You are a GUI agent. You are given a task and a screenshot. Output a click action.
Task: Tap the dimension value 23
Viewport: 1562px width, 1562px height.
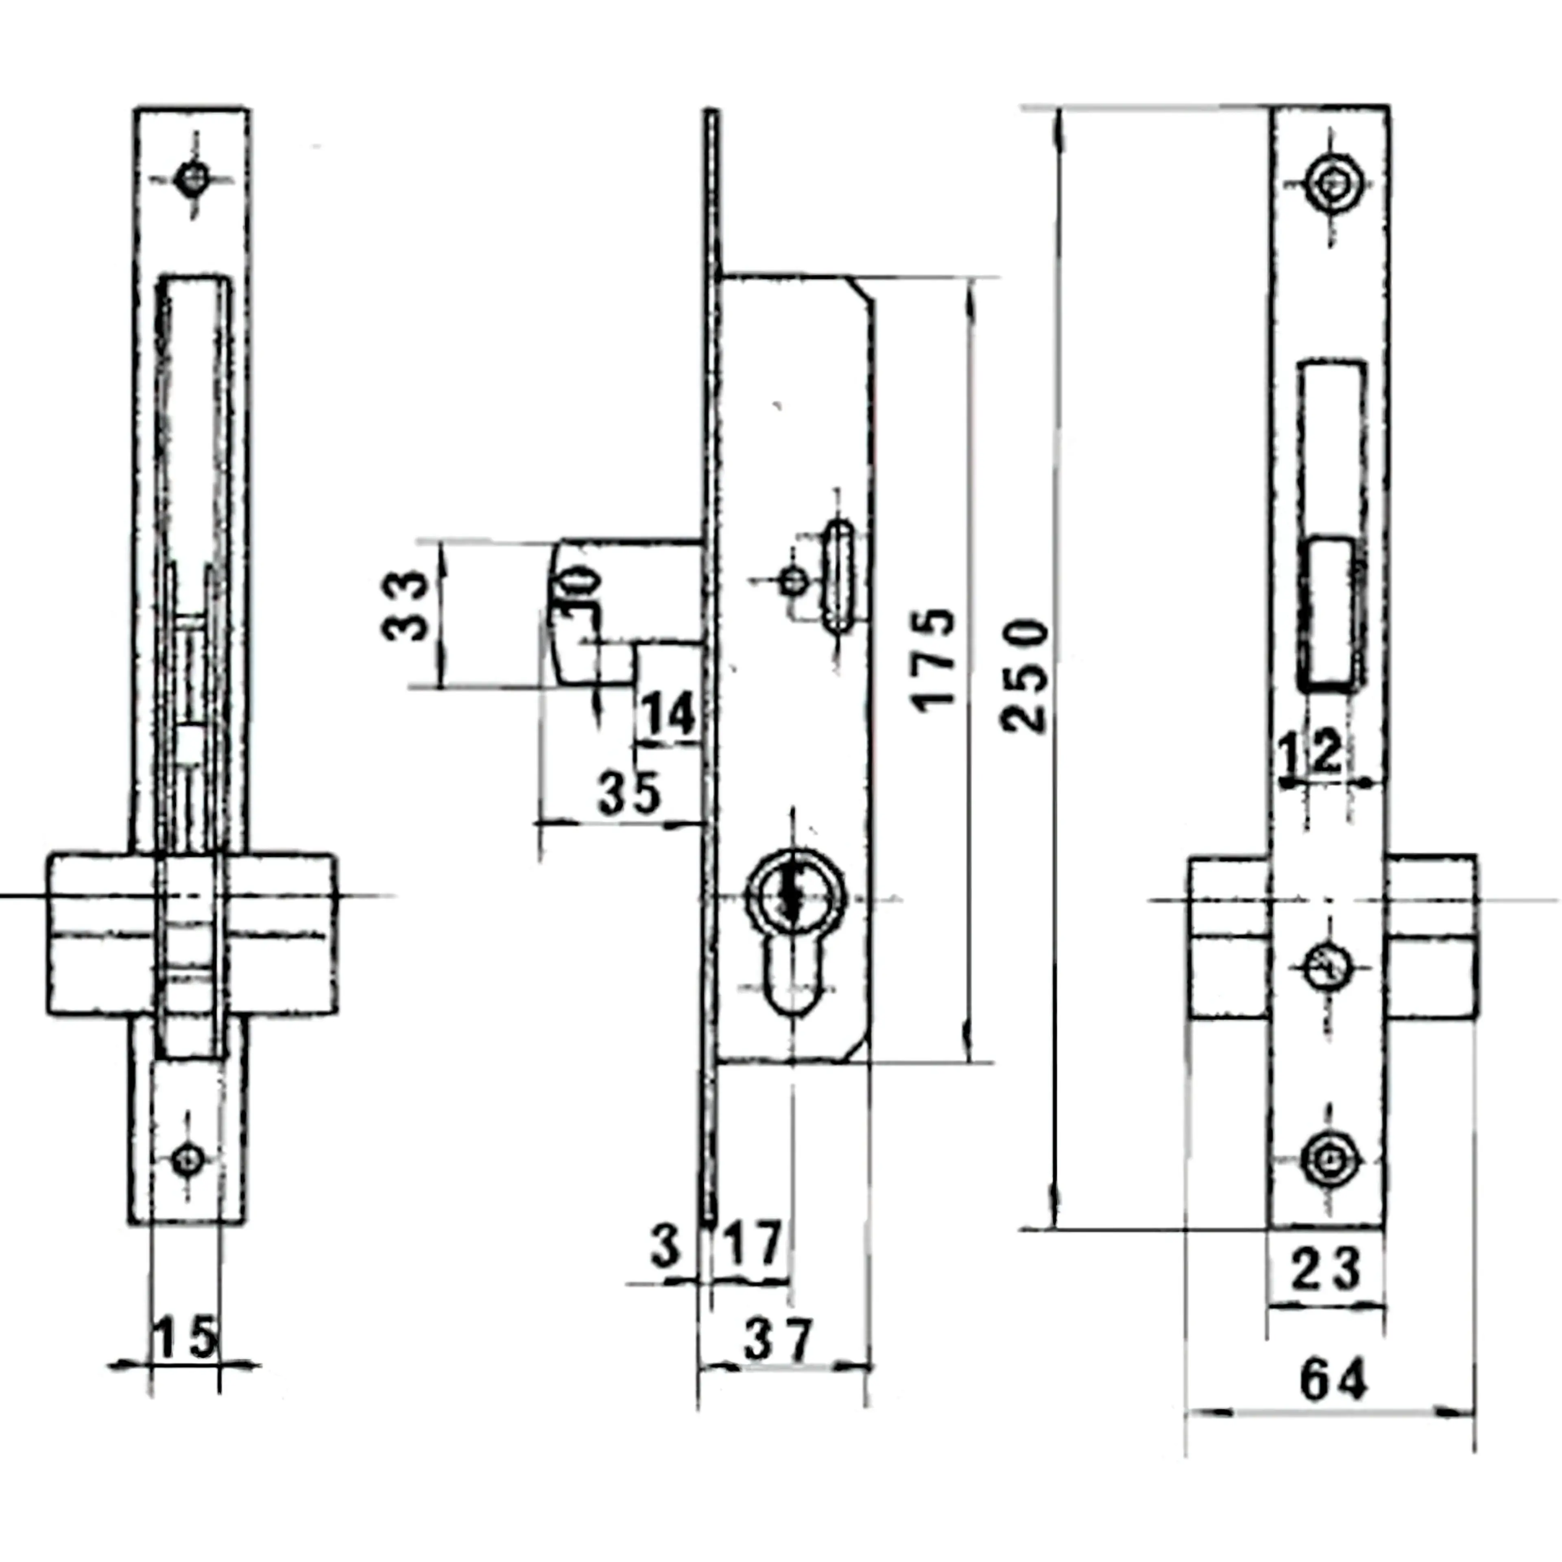(x=1326, y=1269)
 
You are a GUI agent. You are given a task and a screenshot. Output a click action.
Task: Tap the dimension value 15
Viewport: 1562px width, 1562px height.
(x=185, y=1338)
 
